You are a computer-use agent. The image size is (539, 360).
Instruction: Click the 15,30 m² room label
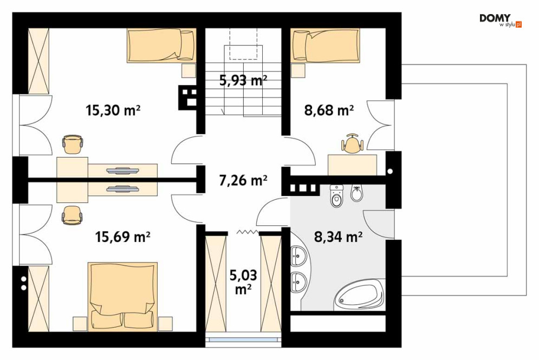tap(113, 110)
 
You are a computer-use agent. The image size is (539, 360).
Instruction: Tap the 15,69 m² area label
tap(122, 237)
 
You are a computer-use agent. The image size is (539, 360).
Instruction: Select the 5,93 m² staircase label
tap(243, 80)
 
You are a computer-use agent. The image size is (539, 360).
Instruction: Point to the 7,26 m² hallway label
tap(243, 180)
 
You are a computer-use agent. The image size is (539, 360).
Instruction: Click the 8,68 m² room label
tap(329, 110)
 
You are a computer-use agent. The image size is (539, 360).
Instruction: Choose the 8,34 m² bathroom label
tap(338, 237)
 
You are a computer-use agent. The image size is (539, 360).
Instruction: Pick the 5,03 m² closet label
tap(243, 283)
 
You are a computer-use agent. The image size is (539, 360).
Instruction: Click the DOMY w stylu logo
tap(501, 20)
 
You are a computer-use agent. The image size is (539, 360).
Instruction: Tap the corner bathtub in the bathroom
tap(360, 294)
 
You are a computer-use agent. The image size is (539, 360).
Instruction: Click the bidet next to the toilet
tap(356, 194)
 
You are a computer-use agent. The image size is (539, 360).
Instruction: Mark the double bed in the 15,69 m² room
tap(122, 297)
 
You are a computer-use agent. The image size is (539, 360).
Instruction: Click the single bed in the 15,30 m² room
tap(161, 45)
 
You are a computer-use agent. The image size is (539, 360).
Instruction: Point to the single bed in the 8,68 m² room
tap(325, 45)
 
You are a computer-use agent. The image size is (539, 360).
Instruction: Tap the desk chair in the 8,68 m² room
tap(352, 143)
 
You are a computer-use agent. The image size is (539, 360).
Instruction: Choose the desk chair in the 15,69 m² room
tap(72, 215)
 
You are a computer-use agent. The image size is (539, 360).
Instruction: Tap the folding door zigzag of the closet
tap(248, 233)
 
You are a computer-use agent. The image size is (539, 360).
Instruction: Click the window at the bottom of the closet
tap(243, 339)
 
